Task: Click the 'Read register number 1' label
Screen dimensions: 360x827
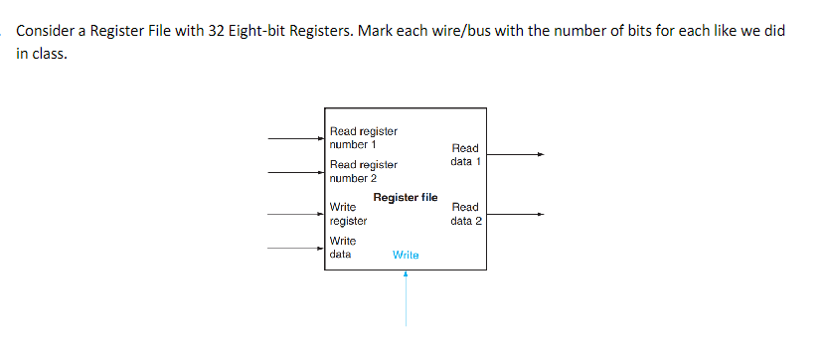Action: point(363,137)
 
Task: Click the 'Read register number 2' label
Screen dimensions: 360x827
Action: point(363,171)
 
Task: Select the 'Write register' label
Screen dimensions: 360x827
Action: point(348,214)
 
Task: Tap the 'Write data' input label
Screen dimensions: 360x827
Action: point(343,248)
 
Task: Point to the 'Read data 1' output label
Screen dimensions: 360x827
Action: point(465,154)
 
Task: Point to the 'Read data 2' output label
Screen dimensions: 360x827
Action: point(465,214)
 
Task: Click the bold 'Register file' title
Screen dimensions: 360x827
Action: point(406,197)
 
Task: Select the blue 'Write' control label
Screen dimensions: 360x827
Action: point(406,255)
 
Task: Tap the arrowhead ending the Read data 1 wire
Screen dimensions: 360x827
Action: point(541,154)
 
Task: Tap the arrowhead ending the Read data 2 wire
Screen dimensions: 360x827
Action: point(541,214)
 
